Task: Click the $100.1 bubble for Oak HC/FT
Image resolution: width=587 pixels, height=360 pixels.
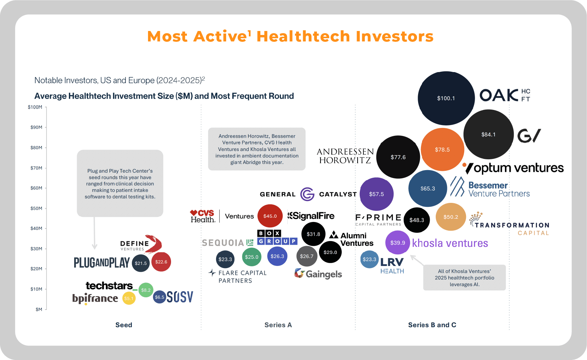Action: pos(446,98)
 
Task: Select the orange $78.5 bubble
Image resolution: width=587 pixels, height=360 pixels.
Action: pos(442,150)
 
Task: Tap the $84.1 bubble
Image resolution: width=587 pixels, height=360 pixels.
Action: pos(488,134)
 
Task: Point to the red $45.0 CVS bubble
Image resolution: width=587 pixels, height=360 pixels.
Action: pos(270,216)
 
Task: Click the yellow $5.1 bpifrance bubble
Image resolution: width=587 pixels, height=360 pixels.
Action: pos(129,298)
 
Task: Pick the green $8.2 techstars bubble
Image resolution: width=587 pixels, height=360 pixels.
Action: pos(146,290)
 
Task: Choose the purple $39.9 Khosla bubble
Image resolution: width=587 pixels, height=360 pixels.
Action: pos(398,243)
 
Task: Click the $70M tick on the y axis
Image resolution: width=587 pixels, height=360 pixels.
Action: pos(36,168)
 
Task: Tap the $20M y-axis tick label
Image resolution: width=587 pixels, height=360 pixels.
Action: pos(36,269)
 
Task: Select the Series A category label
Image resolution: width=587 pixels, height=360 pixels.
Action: pos(278,325)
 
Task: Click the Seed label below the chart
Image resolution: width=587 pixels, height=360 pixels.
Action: pos(124,325)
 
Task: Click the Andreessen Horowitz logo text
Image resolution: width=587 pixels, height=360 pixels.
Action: pos(345,156)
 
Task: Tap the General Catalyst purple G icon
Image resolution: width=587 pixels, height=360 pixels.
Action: pos(307,194)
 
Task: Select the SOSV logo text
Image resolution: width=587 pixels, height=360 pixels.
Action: pos(180,297)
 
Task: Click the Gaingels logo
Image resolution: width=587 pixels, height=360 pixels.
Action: pos(318,274)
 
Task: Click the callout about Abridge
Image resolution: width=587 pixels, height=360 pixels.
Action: pos(257,149)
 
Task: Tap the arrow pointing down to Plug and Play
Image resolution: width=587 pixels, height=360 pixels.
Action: pos(94,234)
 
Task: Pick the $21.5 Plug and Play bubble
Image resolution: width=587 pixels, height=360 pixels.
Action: pos(140,263)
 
